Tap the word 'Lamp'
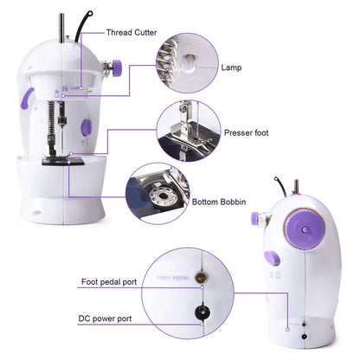point(230,67)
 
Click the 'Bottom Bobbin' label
point(220,202)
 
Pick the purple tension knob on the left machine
point(112,66)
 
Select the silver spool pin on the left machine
point(61,25)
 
